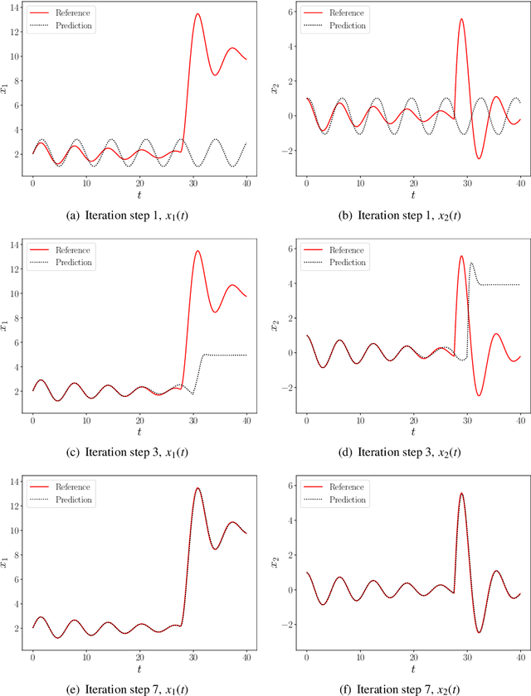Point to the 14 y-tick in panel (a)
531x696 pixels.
[15, 7]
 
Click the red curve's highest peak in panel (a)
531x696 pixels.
[197, 13]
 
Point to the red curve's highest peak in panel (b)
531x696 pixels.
[461, 19]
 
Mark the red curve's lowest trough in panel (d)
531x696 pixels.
[479, 395]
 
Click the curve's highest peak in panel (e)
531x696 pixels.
[197, 488]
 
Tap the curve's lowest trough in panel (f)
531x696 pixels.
[479, 632]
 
